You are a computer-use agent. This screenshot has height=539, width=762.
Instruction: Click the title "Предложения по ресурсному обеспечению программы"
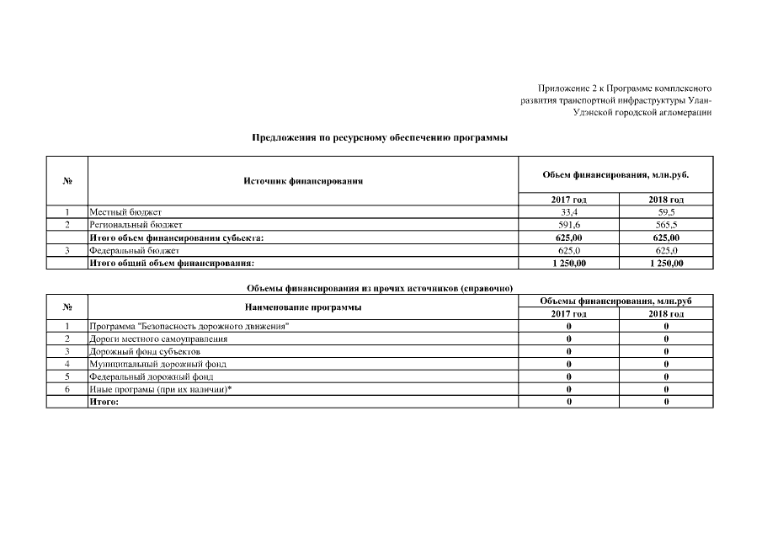(x=380, y=137)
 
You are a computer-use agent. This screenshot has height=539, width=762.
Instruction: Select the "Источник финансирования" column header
(x=303, y=181)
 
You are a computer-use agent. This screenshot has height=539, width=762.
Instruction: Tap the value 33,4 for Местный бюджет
(x=569, y=212)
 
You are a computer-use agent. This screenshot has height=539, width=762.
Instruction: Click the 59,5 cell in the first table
(x=666, y=212)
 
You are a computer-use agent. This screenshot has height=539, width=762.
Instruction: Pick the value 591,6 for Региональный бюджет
(x=569, y=225)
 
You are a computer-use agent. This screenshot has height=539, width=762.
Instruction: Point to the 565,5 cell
(x=666, y=225)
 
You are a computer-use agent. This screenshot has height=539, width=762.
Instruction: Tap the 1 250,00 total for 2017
(x=569, y=263)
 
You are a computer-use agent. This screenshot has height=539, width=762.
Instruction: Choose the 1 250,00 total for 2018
(x=666, y=263)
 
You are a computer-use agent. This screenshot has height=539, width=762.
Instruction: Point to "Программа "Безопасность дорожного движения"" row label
(x=189, y=326)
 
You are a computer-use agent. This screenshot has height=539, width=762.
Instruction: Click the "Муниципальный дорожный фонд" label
(x=157, y=364)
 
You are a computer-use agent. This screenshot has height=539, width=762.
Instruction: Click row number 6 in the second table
(x=67, y=389)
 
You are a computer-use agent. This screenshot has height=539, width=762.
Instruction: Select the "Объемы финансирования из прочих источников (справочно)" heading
(x=380, y=288)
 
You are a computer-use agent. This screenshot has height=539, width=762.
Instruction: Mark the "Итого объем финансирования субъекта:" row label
(x=176, y=237)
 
